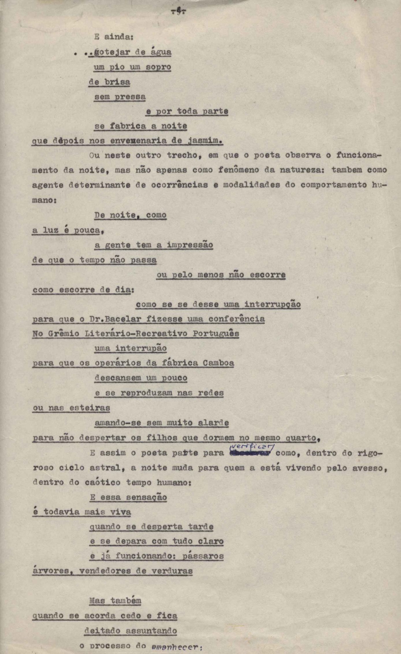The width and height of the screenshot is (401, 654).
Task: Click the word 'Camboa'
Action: [x=218, y=363]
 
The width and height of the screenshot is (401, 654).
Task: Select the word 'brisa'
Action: [x=117, y=82]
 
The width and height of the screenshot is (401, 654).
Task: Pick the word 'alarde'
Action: [x=214, y=423]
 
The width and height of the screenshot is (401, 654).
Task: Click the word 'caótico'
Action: [x=102, y=482]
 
